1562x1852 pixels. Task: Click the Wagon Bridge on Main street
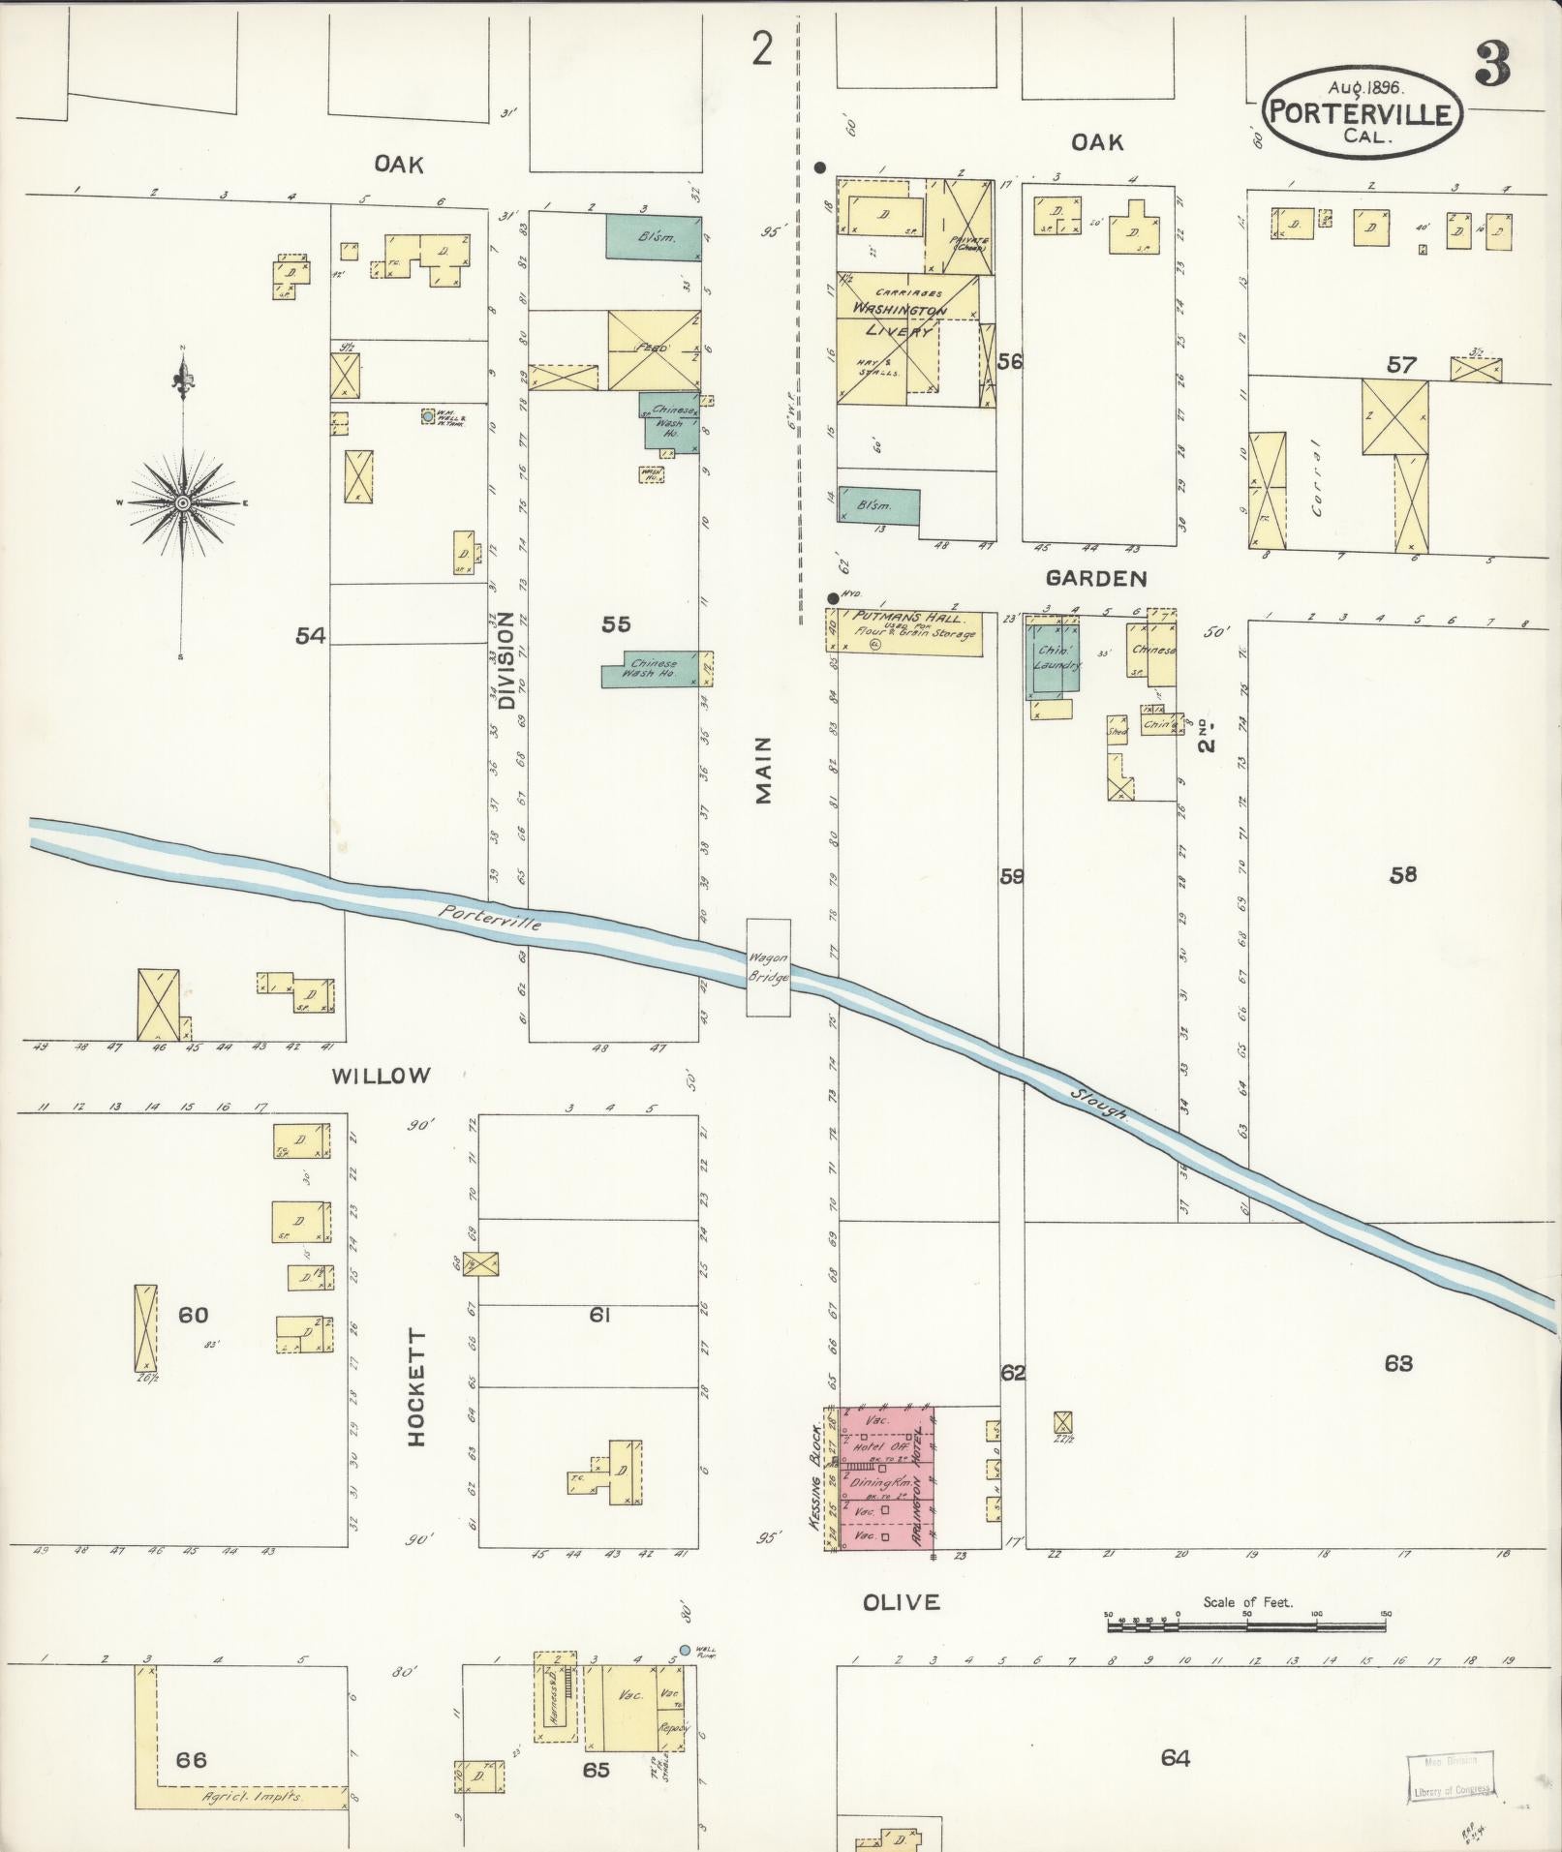768,967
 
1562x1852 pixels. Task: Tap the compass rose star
182,502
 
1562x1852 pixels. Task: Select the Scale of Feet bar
1246,1616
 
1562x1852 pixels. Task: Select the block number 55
616,624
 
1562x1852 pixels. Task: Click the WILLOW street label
381,1075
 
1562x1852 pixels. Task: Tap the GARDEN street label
1096,579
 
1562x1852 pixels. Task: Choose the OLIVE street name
901,1602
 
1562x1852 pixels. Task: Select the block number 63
1398,1363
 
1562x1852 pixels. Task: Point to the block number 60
193,1315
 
